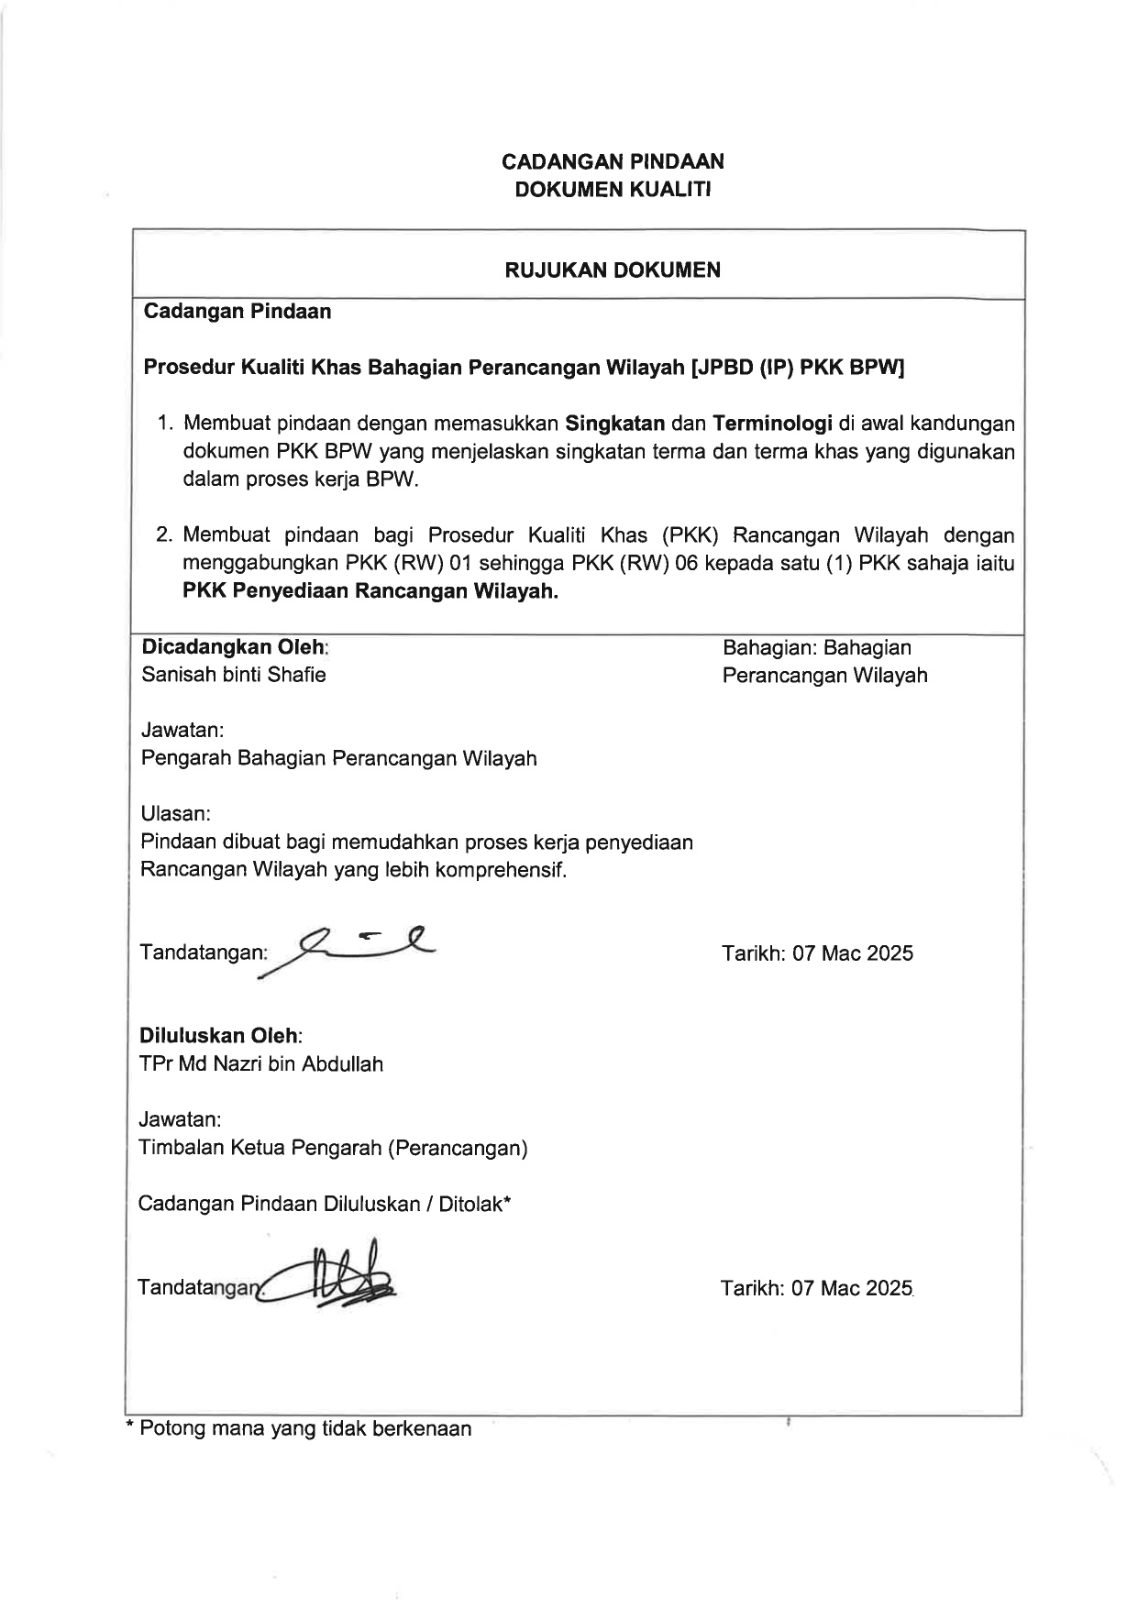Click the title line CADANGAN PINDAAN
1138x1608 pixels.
[x=613, y=161]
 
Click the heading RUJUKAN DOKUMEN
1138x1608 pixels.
[x=613, y=270]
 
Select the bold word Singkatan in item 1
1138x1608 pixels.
[x=615, y=424]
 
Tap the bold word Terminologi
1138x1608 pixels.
[x=772, y=424]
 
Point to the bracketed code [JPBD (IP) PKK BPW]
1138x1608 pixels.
[x=799, y=368]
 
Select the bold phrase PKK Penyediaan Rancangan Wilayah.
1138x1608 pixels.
[x=370, y=591]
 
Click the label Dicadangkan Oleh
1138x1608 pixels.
[x=234, y=647]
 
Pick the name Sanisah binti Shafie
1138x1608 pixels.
[x=233, y=675]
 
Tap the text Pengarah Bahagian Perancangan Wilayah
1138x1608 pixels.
[x=338, y=758]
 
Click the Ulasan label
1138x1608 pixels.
[x=175, y=813]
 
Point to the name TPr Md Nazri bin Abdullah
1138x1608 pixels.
[x=260, y=1064]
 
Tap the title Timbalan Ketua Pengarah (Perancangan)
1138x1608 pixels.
[x=332, y=1148]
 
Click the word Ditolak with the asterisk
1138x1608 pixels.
[x=474, y=1204]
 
